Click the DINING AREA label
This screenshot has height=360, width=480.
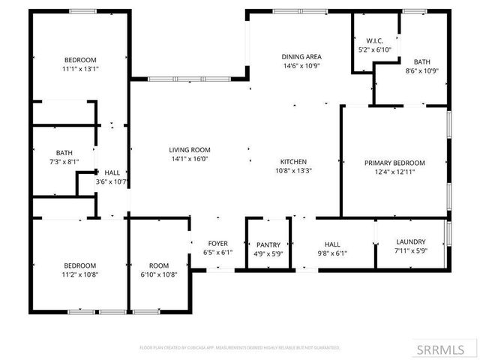tap(301, 57)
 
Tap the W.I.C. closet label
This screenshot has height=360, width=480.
tap(375, 40)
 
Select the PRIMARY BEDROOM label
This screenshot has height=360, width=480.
tap(394, 163)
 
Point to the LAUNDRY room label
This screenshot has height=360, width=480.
tap(410, 241)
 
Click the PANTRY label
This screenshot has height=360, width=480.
tap(268, 244)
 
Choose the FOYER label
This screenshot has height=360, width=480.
tap(218, 243)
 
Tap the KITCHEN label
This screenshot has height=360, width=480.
tap(293, 161)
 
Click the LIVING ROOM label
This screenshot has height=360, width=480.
tap(189, 150)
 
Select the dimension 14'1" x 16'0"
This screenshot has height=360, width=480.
tap(189, 159)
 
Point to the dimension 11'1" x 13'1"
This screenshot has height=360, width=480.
tap(81, 69)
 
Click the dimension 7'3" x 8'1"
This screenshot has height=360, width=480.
tap(64, 161)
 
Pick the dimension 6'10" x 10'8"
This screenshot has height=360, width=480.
tap(158, 274)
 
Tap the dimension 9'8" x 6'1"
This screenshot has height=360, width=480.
tap(331, 253)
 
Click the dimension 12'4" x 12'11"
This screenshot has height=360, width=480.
tap(394, 172)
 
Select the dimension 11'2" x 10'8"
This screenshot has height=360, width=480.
tap(79, 274)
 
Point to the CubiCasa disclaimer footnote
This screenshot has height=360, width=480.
tap(240, 348)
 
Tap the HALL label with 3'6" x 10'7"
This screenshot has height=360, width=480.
tap(112, 172)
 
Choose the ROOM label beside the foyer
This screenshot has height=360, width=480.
tap(158, 265)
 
